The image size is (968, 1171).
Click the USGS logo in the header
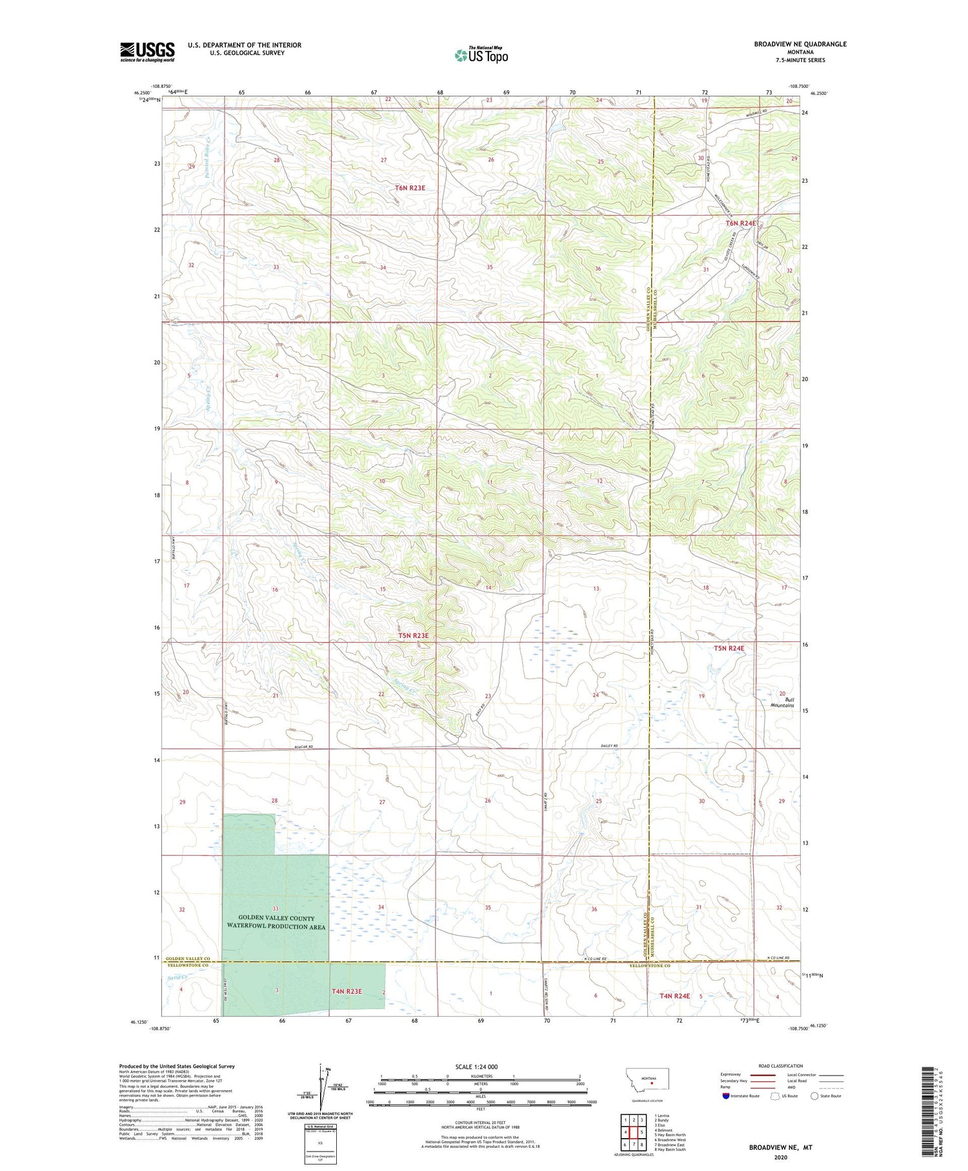147,52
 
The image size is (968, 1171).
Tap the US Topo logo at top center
481,55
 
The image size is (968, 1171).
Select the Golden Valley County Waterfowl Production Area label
276,922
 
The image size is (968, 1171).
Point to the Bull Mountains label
781,703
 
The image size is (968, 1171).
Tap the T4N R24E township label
674,996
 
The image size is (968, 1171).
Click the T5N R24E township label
729,648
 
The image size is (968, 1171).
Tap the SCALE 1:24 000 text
480,1066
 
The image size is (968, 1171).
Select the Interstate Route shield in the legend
727,1095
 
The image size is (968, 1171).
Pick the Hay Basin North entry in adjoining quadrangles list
670,1134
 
